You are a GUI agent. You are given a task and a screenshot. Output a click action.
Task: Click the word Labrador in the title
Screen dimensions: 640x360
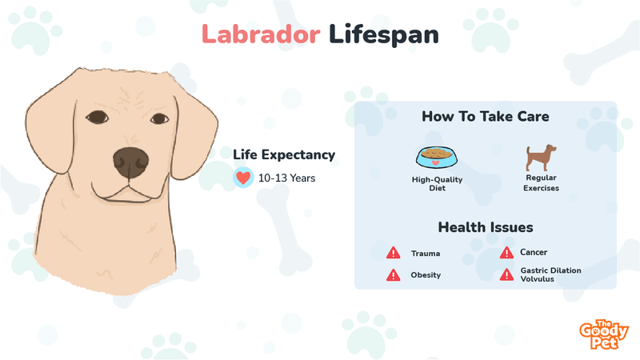(x=261, y=34)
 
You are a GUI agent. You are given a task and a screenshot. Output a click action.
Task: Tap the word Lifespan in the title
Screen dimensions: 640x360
(x=384, y=34)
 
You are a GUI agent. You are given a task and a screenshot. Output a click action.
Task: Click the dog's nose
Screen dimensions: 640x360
(x=130, y=163)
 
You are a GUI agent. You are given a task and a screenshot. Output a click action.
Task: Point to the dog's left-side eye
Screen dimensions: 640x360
(x=97, y=117)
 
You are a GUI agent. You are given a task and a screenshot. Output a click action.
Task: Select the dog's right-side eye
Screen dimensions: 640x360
(x=159, y=118)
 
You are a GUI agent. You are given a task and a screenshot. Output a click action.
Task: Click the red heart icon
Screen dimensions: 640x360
(x=243, y=178)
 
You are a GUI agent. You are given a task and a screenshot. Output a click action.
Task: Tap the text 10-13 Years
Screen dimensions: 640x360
(x=286, y=178)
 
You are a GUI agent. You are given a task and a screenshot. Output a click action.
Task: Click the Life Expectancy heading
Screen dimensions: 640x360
(x=284, y=154)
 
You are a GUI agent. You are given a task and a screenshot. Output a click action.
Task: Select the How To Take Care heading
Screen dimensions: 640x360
(x=486, y=116)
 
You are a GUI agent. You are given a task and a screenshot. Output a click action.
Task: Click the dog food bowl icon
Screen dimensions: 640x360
(x=437, y=157)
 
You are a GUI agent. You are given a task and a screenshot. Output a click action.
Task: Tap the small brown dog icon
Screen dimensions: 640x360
(x=541, y=158)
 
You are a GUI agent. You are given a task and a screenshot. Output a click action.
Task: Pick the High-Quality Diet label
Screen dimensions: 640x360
(x=437, y=184)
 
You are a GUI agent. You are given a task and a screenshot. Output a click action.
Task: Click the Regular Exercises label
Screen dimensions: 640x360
(x=542, y=183)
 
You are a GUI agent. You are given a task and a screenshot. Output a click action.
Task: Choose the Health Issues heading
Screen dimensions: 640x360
(x=486, y=227)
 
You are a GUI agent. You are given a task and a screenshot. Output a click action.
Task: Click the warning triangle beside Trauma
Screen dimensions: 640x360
(x=394, y=253)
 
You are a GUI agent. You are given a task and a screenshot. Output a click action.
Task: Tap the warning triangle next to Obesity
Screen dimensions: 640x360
(x=394, y=274)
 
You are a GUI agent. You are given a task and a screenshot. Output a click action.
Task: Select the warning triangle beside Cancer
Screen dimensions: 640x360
(x=506, y=253)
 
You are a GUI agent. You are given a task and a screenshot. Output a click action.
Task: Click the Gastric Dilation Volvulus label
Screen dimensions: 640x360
(x=550, y=274)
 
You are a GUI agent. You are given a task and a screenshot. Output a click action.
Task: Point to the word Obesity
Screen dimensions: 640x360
(x=426, y=275)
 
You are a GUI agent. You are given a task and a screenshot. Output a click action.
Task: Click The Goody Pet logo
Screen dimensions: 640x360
(x=604, y=334)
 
